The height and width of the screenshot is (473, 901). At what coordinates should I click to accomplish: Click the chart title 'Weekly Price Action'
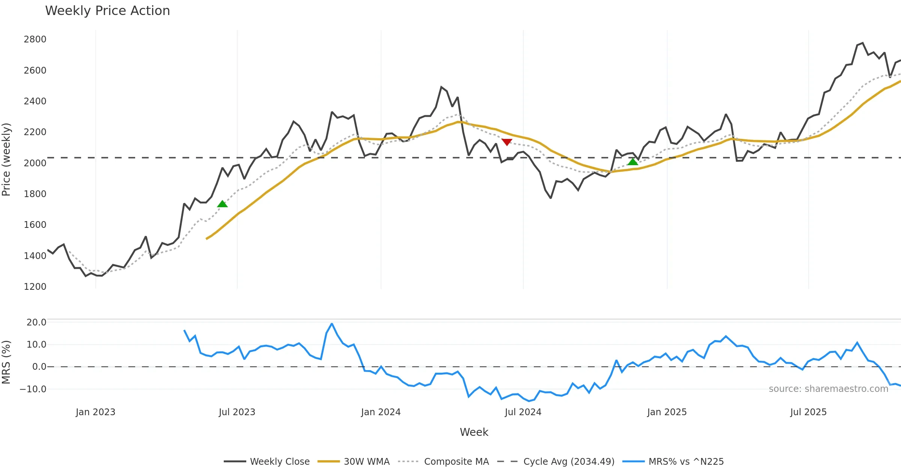coord(107,11)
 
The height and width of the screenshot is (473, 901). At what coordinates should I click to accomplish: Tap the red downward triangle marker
coord(507,142)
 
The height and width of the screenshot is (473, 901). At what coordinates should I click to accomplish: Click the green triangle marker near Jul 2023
coord(222,204)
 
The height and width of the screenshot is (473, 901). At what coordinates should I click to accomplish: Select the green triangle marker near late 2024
coord(633,162)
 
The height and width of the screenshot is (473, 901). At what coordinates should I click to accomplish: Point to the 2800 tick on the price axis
coord(35,39)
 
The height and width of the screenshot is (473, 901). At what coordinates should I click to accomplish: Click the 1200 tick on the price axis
coord(35,287)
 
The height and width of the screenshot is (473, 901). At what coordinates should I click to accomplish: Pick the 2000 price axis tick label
coord(35,163)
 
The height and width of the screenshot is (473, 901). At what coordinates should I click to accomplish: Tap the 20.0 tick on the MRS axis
coord(36,322)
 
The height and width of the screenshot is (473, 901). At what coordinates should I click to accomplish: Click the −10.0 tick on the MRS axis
coord(33,389)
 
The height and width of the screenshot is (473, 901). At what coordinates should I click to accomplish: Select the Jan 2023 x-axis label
coord(95,412)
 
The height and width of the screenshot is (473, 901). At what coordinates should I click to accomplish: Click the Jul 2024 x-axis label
coord(523,412)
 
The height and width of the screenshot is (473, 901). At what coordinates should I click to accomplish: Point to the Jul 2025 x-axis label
coord(808,412)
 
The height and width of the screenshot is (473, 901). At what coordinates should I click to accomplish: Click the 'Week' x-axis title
coord(474,432)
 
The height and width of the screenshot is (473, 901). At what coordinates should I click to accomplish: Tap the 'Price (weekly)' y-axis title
coord(6,160)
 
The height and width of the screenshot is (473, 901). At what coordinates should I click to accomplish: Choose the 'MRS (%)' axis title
coord(6,362)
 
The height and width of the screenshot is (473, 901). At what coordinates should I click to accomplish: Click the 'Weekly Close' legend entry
coord(280,462)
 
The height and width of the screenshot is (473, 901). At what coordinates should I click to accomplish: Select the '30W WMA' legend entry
coord(366,462)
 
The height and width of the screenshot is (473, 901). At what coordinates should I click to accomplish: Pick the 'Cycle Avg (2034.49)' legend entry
coord(569,462)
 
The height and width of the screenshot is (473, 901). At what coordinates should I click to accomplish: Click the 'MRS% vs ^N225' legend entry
coord(686,462)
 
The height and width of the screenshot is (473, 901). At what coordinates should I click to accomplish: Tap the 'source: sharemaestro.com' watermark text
coord(828,389)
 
